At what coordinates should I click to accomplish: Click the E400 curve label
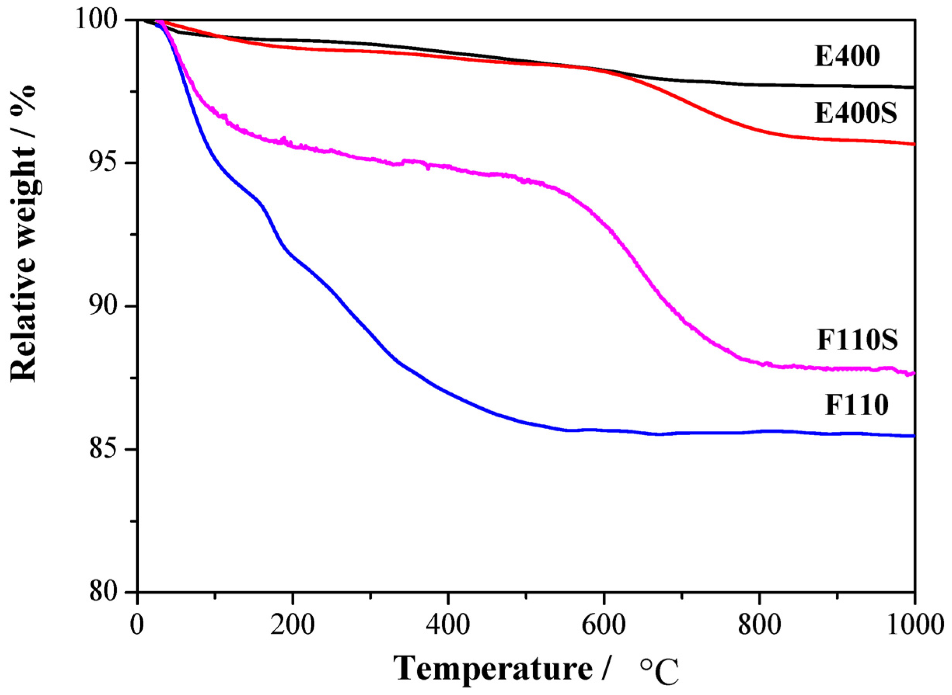(847, 56)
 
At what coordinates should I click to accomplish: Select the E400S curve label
(856, 114)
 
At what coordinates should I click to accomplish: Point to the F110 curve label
(856, 406)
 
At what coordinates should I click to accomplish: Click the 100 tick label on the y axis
(101, 20)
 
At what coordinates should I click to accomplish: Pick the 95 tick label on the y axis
(110, 163)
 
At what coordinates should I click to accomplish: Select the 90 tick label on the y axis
(110, 306)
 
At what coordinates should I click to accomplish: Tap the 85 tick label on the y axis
(110, 449)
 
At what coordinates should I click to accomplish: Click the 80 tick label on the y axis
(110, 592)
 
